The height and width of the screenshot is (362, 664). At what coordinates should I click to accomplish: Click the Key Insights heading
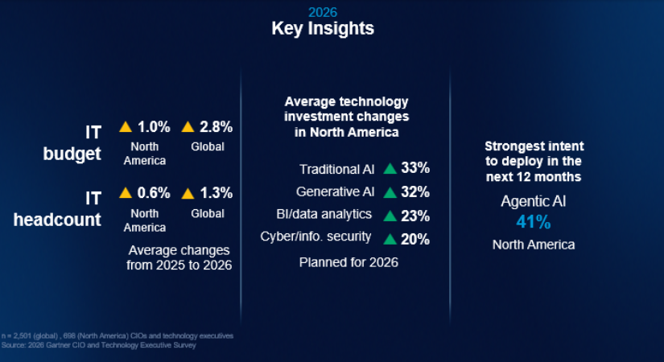[x=322, y=28]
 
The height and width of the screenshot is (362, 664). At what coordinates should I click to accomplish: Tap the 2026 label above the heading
[x=322, y=12]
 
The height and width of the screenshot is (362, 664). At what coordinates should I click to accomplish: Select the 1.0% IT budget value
[x=154, y=126]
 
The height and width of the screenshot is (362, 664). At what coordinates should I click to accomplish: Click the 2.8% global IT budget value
[x=217, y=126]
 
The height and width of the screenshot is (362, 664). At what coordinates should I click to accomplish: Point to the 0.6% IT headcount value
[x=154, y=192]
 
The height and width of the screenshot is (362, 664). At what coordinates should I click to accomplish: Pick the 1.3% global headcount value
[x=217, y=192]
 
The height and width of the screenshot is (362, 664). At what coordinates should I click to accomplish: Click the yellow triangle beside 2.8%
[x=188, y=126]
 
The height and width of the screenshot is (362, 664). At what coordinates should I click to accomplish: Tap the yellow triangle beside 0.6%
[x=126, y=192]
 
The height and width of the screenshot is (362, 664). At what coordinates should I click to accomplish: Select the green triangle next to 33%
[x=390, y=169]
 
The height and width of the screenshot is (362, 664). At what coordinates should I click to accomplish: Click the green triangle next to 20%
[x=390, y=238]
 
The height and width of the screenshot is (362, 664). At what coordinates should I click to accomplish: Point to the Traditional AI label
[x=336, y=169]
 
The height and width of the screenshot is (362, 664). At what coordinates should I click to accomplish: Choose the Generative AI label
[x=336, y=192]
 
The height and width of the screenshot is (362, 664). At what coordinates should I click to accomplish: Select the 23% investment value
[x=415, y=216]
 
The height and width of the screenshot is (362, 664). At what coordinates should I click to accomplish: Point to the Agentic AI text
[x=534, y=201]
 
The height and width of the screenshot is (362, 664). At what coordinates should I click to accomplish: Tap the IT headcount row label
[x=57, y=207]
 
